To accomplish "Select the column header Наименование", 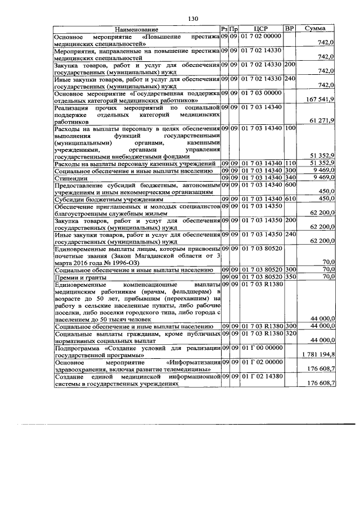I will click(137, 29).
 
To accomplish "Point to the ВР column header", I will click(290, 29).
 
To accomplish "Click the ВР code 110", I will click(290, 163).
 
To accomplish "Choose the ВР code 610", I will click(290, 199).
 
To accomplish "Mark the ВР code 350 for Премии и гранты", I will click(290, 277).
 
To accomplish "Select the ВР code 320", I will click(290, 333).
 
